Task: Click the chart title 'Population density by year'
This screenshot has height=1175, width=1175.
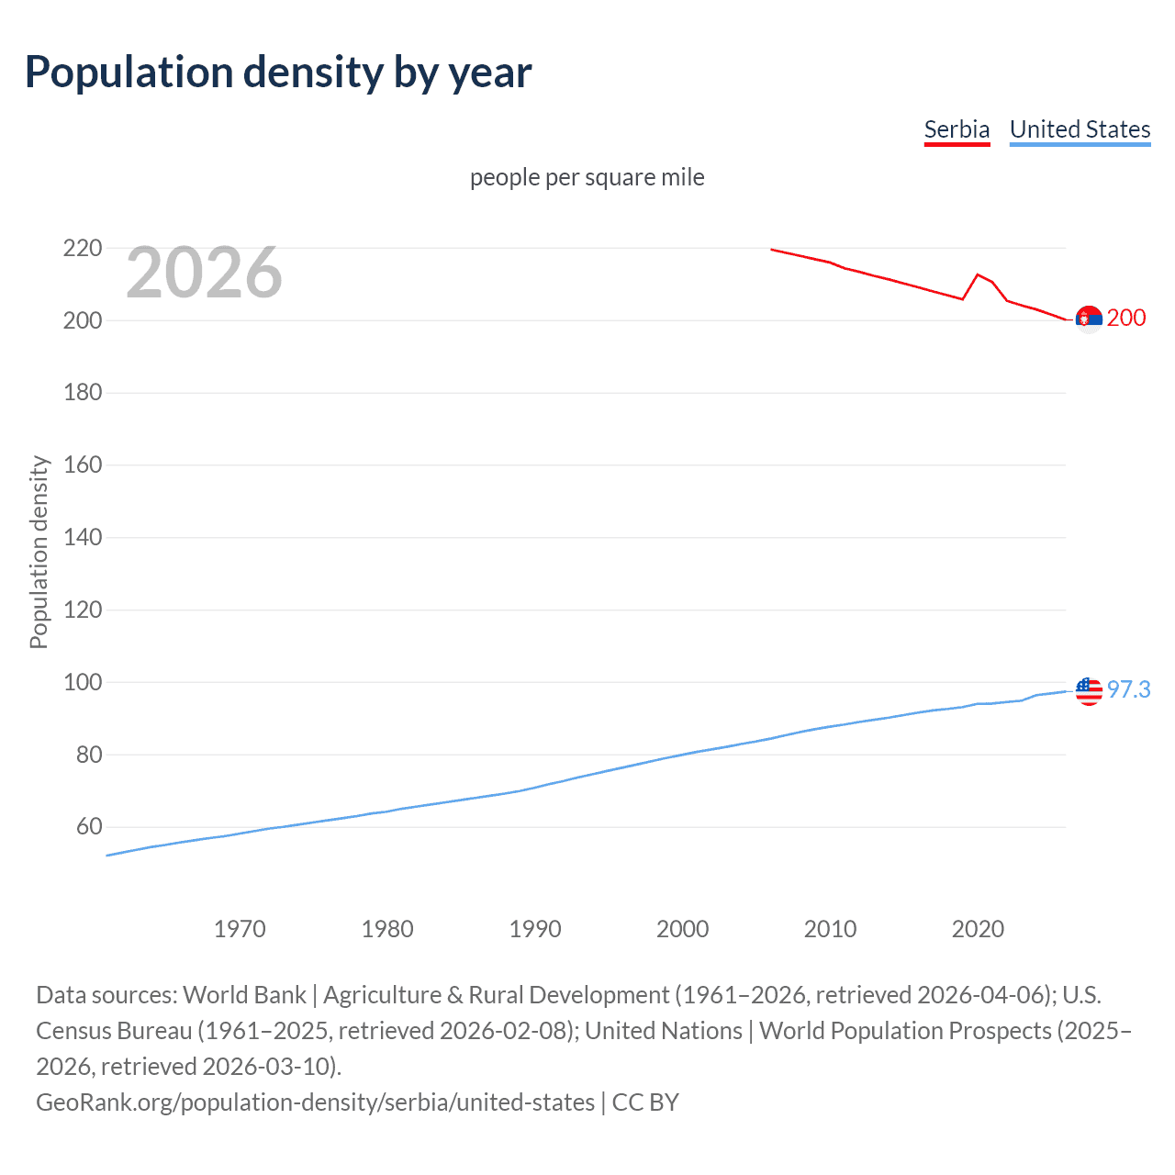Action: tap(278, 73)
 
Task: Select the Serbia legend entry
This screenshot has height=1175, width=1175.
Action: tap(957, 130)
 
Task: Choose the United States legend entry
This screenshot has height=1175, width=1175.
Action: tap(1080, 130)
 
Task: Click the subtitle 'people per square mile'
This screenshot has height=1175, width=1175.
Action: tap(587, 177)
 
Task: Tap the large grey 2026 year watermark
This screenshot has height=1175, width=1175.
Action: tap(204, 273)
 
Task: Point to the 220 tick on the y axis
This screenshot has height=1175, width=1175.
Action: tap(83, 249)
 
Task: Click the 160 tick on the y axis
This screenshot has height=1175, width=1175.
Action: tap(83, 465)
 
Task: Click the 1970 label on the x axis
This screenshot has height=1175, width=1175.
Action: tap(240, 929)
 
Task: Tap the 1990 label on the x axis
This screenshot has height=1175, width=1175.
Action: tap(535, 929)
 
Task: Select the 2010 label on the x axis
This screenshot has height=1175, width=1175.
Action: tap(830, 929)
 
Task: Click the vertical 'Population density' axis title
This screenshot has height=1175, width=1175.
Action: tap(39, 553)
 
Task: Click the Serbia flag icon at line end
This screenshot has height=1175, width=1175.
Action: tap(1089, 319)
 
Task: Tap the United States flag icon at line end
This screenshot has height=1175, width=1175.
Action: tap(1089, 690)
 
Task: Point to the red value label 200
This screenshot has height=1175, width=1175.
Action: tap(1126, 319)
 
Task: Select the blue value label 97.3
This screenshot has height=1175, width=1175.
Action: tap(1128, 690)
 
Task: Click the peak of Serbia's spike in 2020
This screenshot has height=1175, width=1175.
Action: tap(978, 274)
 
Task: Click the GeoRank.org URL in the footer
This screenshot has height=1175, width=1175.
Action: tap(315, 1102)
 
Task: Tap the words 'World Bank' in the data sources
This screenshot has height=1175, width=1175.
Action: tap(244, 995)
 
